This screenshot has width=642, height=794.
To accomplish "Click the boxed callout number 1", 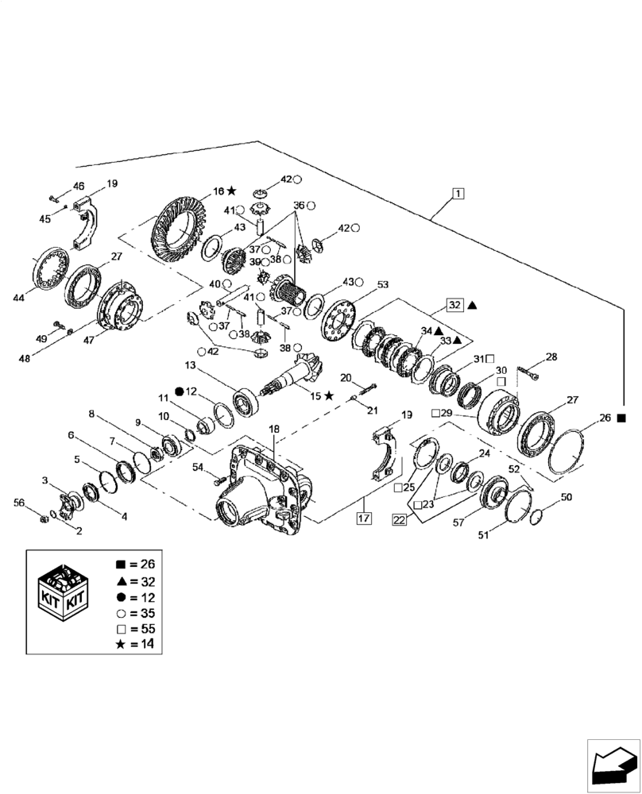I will (x=458, y=193).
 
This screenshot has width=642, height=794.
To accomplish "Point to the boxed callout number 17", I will (x=365, y=520).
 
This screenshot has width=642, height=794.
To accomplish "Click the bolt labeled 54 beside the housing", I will (x=218, y=479).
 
